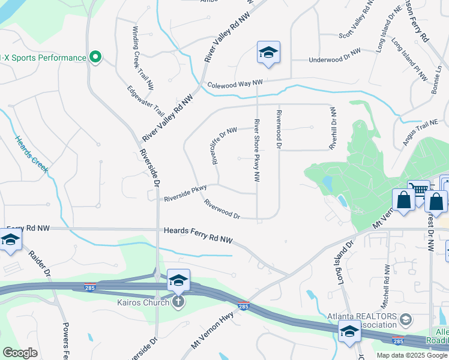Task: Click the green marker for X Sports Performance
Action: [x=95, y=58]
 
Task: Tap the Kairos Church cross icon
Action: [x=178, y=301]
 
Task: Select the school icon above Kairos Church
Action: [x=178, y=281]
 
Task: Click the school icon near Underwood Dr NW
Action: [x=268, y=53]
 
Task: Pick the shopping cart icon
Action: [x=419, y=191]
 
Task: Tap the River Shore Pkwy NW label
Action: [x=257, y=150]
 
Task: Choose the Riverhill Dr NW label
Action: [x=333, y=128]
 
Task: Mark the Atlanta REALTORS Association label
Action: [x=363, y=322]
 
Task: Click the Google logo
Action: [x=20, y=353]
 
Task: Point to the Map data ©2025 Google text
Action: [x=411, y=355]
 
